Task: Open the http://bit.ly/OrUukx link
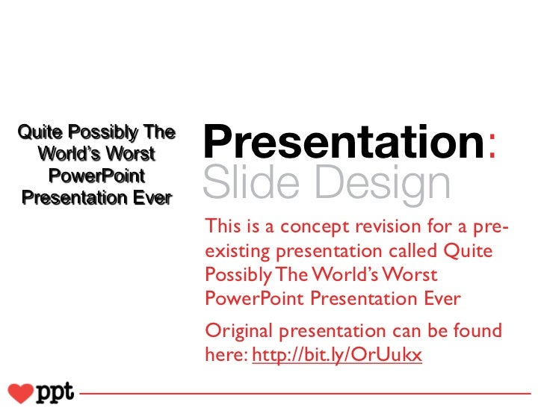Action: click(x=338, y=357)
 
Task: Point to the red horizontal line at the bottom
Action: click(x=299, y=392)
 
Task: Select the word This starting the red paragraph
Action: click(x=222, y=227)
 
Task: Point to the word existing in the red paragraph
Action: click(x=232, y=251)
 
